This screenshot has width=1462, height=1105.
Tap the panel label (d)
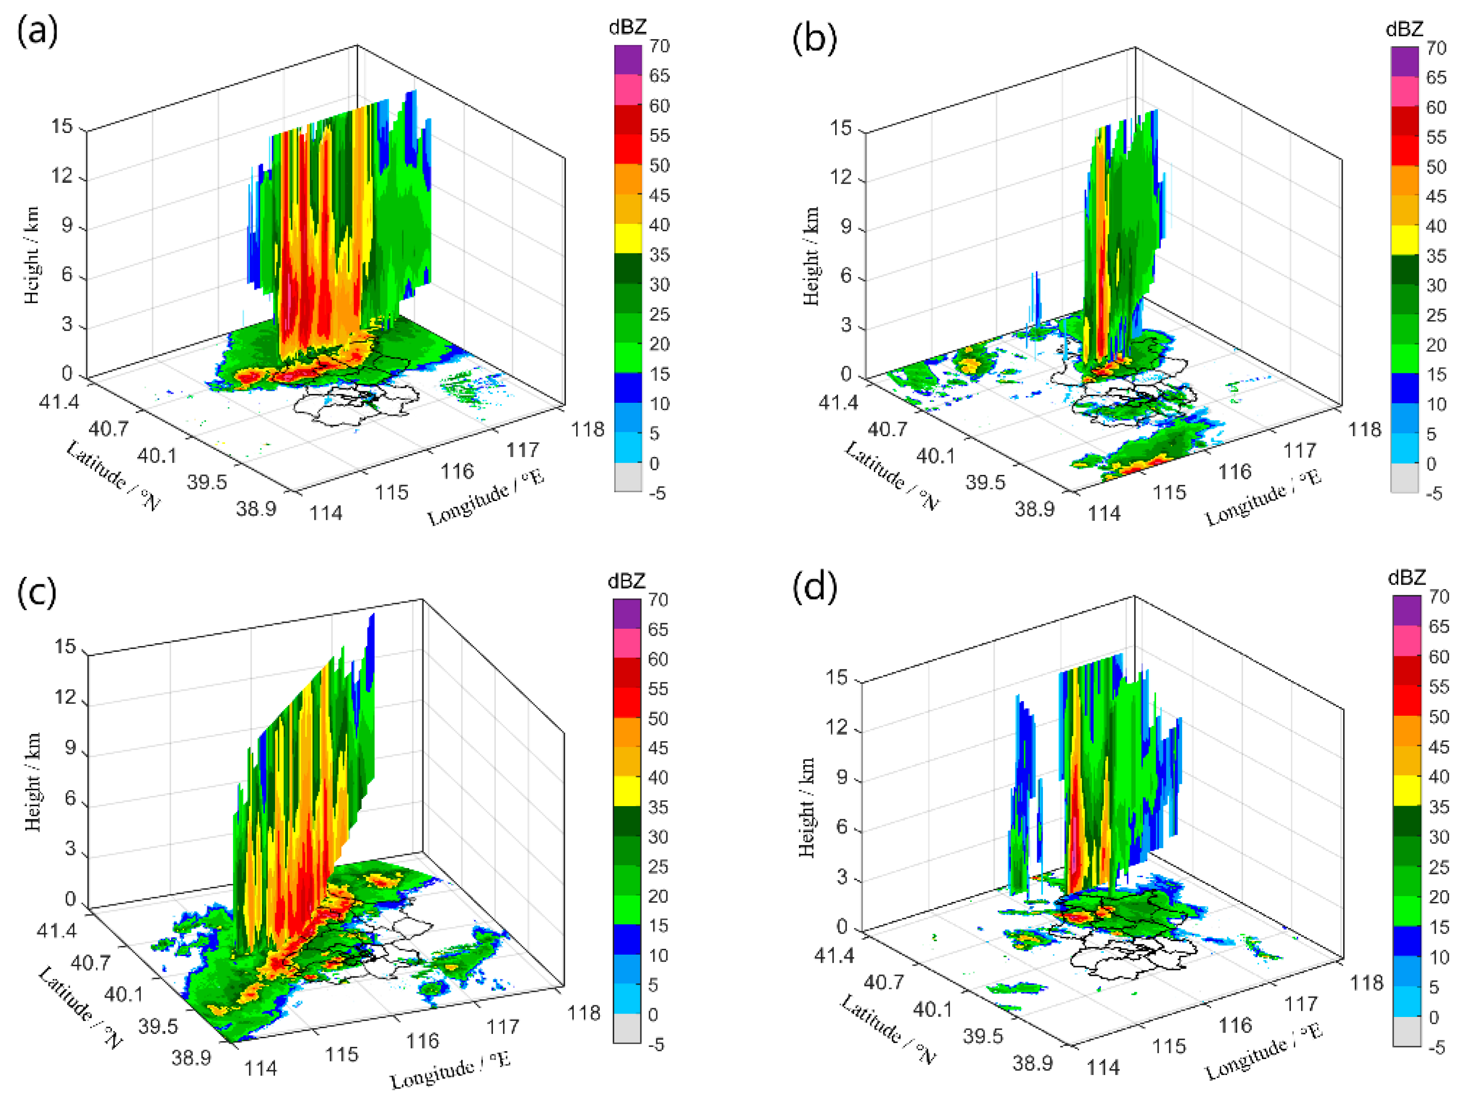[814, 587]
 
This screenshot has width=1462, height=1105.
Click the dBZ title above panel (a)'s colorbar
[627, 27]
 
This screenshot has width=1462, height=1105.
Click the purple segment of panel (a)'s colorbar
[628, 60]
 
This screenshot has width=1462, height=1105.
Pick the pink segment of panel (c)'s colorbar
[626, 643]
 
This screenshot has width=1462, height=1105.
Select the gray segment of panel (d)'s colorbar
[1406, 1031]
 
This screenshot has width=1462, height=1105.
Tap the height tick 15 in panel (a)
[63, 126]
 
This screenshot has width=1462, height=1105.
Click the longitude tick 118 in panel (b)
[1365, 430]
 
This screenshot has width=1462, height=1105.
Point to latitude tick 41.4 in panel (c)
[56, 930]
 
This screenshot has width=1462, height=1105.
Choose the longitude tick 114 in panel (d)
[1104, 1067]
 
